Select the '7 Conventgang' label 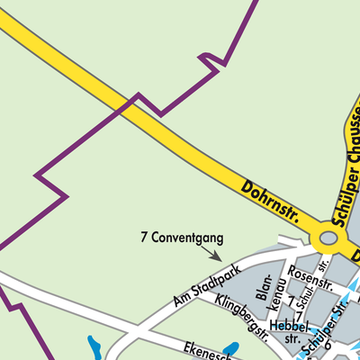[181, 238]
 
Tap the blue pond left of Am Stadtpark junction [94, 346]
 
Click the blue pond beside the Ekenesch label [231, 348]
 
